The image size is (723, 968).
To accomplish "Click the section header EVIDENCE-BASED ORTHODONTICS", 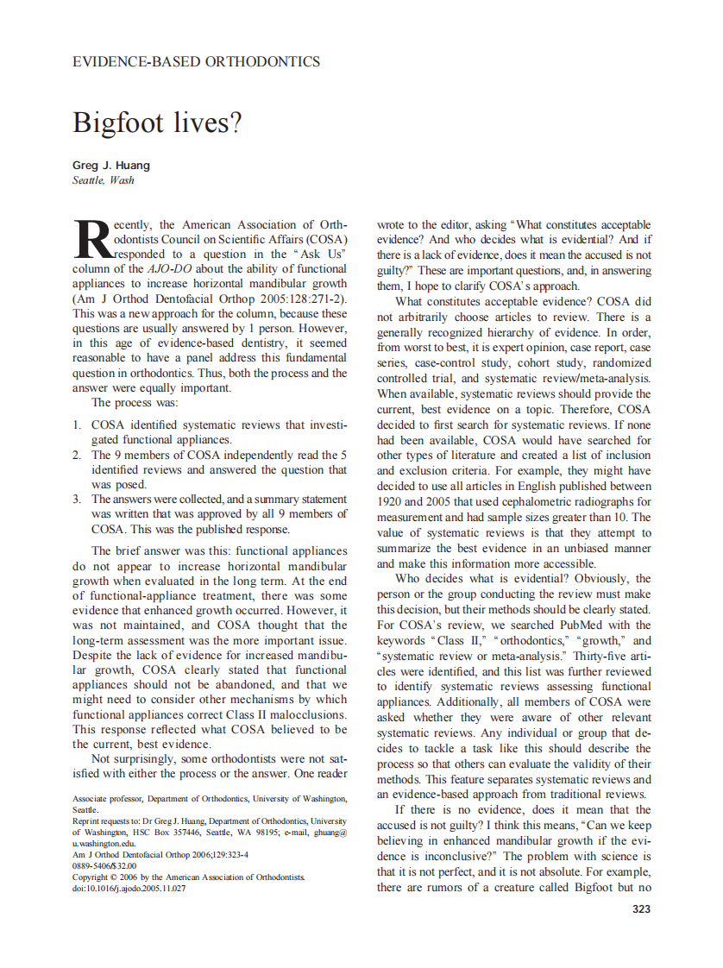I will pos(196,61).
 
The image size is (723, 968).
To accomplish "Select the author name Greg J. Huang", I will pos(111,165).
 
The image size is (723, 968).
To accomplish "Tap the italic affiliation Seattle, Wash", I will pos(103,180).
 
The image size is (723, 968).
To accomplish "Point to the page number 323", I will pos(641,909).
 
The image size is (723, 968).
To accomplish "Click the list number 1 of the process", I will pos(76,425).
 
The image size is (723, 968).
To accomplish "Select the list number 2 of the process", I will pos(76,455).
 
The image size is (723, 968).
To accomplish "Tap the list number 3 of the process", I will pos(76,499).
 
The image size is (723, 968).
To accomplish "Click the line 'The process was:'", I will pos(134,403).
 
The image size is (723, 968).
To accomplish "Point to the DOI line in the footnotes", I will pos(129,888).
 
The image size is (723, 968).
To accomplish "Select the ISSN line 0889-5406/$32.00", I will pos(104,865).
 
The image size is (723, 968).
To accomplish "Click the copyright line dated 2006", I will pos(188,877).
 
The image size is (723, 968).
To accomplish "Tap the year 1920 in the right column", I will pos(394,501).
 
